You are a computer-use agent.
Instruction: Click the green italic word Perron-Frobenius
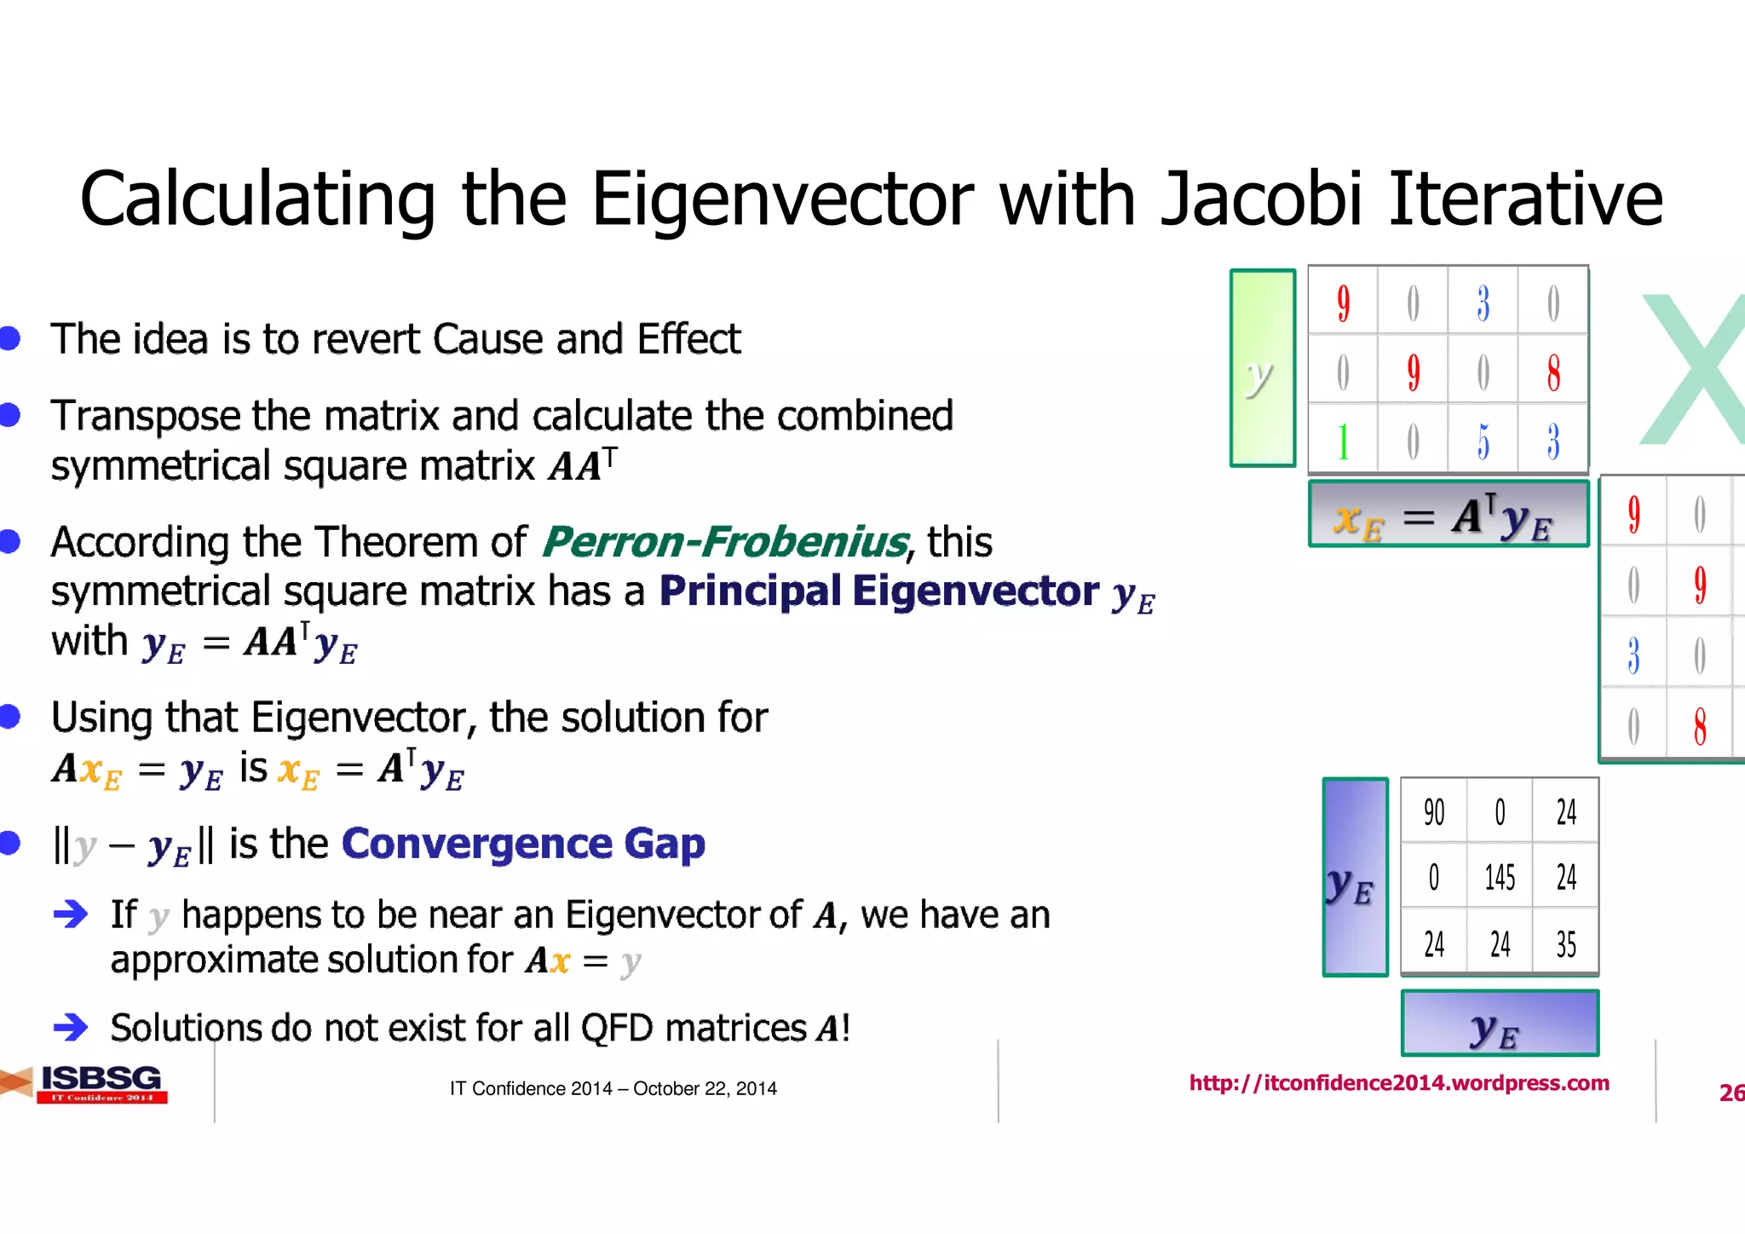pyautogui.click(x=725, y=542)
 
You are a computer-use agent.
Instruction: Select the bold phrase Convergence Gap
pyautogui.click(x=523, y=844)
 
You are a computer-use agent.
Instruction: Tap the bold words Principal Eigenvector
pyautogui.click(x=878, y=591)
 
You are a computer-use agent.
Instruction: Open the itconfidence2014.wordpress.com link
pyautogui.click(x=1398, y=1083)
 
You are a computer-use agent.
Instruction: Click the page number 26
pyautogui.click(x=1731, y=1093)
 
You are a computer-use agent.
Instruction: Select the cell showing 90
pyautogui.click(x=1434, y=812)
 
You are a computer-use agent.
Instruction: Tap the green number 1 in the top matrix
pyautogui.click(x=1343, y=441)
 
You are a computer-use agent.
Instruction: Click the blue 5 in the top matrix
pyautogui.click(x=1483, y=441)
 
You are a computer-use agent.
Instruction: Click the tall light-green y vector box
pyautogui.click(x=1262, y=368)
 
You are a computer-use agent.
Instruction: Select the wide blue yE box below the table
pyautogui.click(x=1500, y=1023)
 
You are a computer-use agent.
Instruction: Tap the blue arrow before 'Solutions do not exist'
pyautogui.click(x=70, y=1027)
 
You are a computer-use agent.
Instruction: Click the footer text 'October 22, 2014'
pyautogui.click(x=705, y=1088)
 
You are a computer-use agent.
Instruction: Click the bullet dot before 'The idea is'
pyautogui.click(x=10, y=338)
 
